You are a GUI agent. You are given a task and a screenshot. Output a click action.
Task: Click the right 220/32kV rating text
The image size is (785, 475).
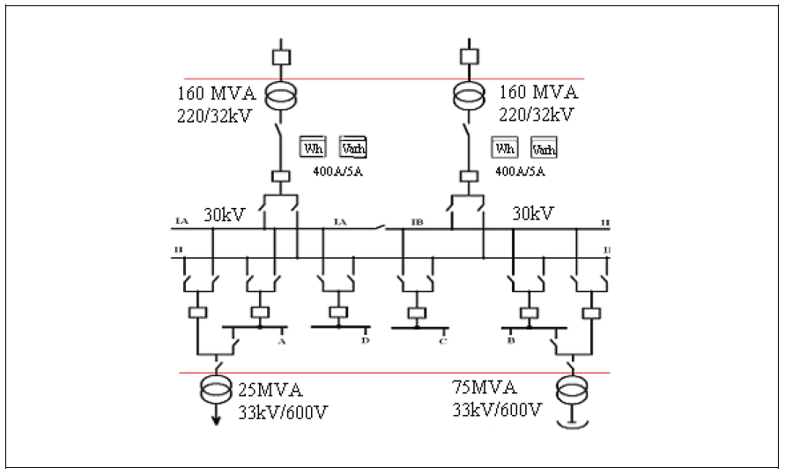tap(536, 114)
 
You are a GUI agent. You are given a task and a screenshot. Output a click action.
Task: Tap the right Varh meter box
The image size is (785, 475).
tap(544, 148)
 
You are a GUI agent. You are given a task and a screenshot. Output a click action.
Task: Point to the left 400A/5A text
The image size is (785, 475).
tap(338, 172)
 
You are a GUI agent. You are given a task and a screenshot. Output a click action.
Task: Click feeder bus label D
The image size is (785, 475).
tap(364, 339)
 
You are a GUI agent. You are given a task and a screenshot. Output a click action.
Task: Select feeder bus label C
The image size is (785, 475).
tap(442, 341)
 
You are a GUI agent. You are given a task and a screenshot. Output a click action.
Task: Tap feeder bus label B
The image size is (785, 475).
tap(509, 338)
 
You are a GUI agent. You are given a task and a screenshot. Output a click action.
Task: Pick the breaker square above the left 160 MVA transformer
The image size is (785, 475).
tap(282, 56)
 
